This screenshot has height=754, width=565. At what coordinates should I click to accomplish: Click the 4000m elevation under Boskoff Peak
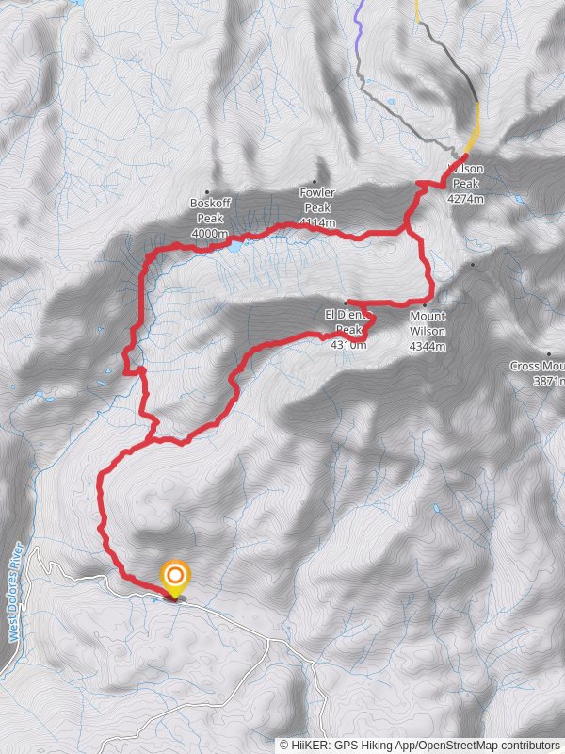pos(210,233)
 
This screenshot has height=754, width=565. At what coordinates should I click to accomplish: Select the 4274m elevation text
pos(466,200)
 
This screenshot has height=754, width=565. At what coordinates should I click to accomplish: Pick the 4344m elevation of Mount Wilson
pos(428,346)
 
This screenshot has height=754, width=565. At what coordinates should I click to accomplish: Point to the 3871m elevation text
pos(544,382)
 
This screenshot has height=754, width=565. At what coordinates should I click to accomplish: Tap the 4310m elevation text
pos(348,345)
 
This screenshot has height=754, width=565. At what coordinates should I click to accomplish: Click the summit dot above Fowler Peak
pos(315,182)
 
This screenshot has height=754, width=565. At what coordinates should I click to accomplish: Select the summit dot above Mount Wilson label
pos(473,265)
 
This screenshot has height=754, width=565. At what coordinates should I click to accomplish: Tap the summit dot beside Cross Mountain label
pos(549,354)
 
